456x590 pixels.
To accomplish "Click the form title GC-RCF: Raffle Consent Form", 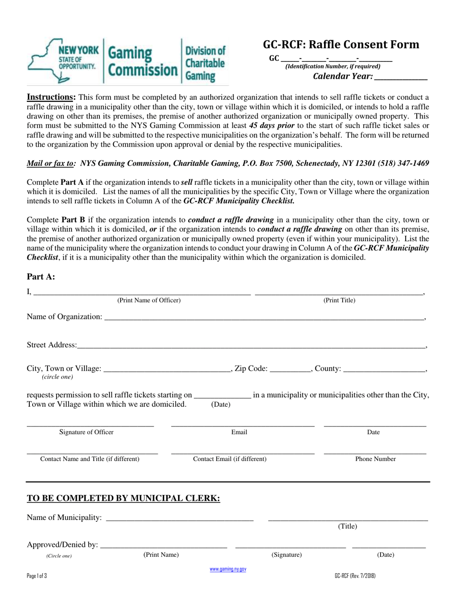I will pos(341,45).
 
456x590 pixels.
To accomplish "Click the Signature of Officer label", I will pos(86,432).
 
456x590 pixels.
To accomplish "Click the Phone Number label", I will pos(375,459).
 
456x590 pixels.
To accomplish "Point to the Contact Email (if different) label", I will pos(230,459).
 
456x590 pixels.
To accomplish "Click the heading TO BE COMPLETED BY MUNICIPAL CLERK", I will pos(123,498).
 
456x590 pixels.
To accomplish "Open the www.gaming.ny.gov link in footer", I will pos(228,569).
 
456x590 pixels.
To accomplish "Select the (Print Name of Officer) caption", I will pos(149,301).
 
